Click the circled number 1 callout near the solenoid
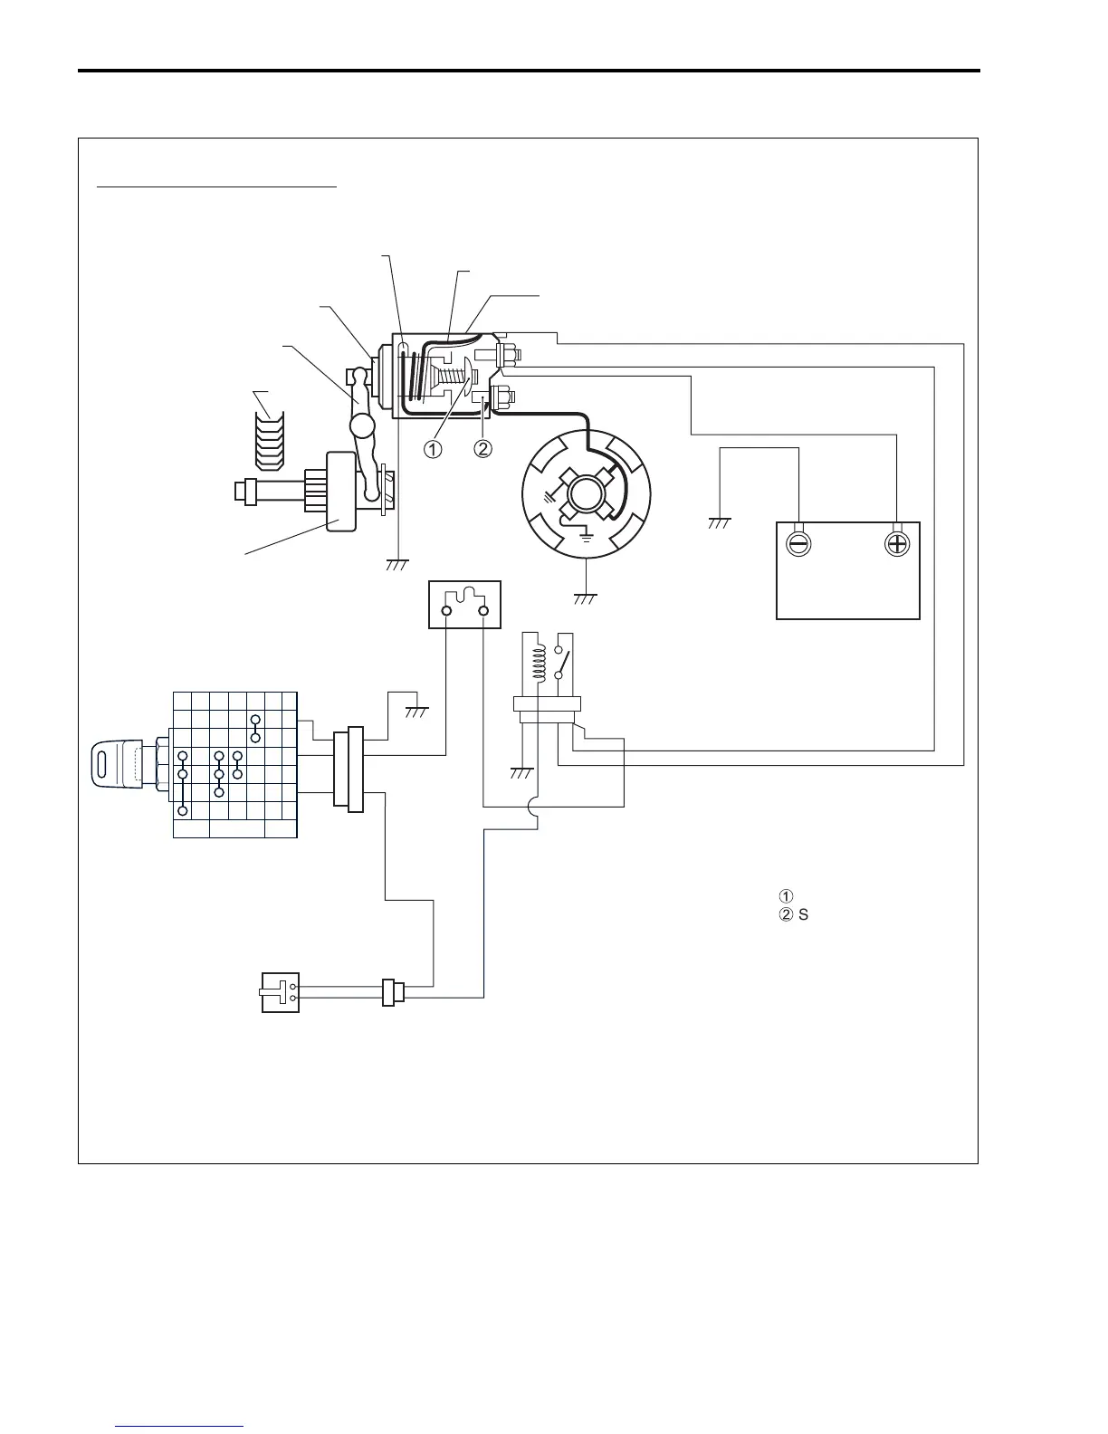pyautogui.click(x=434, y=449)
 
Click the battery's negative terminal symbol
pyautogui.click(x=800, y=544)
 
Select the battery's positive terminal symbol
pyautogui.click(x=896, y=544)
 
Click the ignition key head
pyautogui.click(x=114, y=760)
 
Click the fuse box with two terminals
pyautogui.click(x=464, y=605)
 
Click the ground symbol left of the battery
pyautogui.click(x=721, y=522)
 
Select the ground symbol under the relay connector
pyautogui.click(x=521, y=772)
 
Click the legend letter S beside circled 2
pyautogui.click(x=804, y=914)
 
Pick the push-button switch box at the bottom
pyautogui.click(x=280, y=992)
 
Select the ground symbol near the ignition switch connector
pyautogui.click(x=415, y=712)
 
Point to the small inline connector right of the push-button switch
pyautogui.click(x=390, y=992)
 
